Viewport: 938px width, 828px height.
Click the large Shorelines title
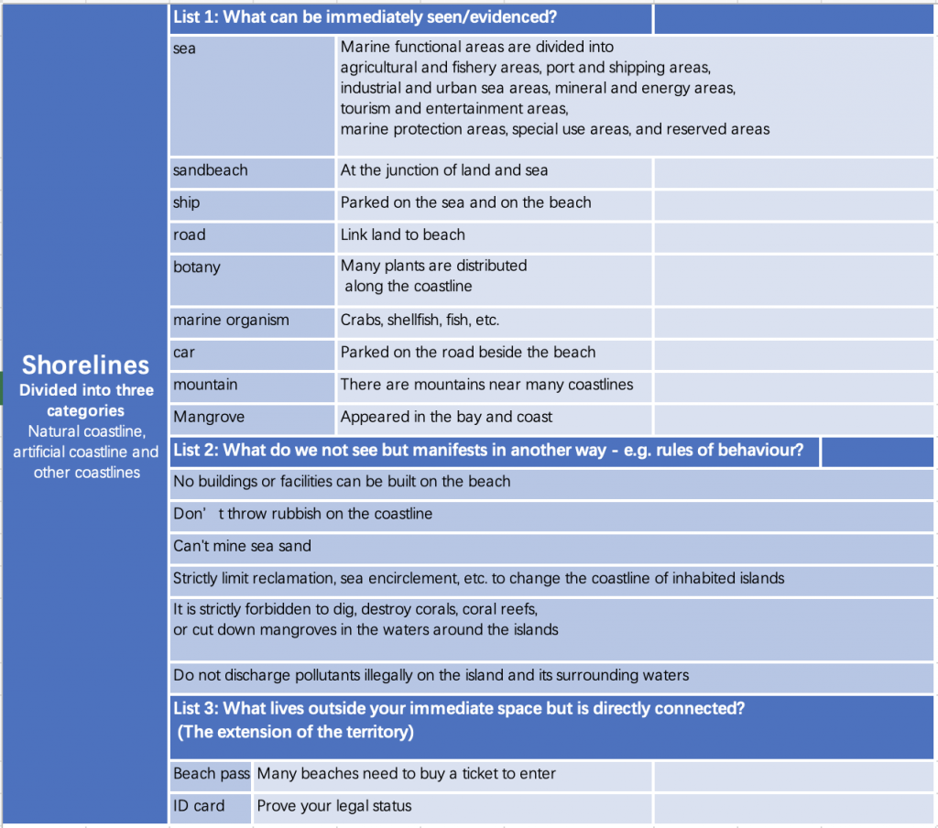coord(85,365)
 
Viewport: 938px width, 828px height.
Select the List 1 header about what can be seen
coord(365,17)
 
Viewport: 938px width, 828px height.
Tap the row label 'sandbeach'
coord(210,170)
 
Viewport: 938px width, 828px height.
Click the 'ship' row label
coord(186,202)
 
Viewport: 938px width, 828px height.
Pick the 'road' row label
coord(189,234)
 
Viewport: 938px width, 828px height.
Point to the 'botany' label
coord(196,267)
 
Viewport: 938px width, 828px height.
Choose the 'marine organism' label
coord(231,320)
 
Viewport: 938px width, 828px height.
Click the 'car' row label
coord(184,352)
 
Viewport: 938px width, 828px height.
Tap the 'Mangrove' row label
coord(209,417)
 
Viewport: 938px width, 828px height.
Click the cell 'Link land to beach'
coord(402,234)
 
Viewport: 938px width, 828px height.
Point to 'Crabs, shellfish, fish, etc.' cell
coord(420,320)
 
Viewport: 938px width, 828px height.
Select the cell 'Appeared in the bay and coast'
coord(446,417)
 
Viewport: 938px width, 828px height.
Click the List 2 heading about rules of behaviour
coord(488,450)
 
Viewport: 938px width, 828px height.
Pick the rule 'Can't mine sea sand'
coord(242,546)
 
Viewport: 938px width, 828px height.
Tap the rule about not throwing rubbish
coord(302,514)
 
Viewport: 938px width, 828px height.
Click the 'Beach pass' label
coord(211,774)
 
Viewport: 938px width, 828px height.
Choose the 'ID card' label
coord(199,806)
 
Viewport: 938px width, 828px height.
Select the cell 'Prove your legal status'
coord(333,806)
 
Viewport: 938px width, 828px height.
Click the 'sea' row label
coord(184,49)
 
